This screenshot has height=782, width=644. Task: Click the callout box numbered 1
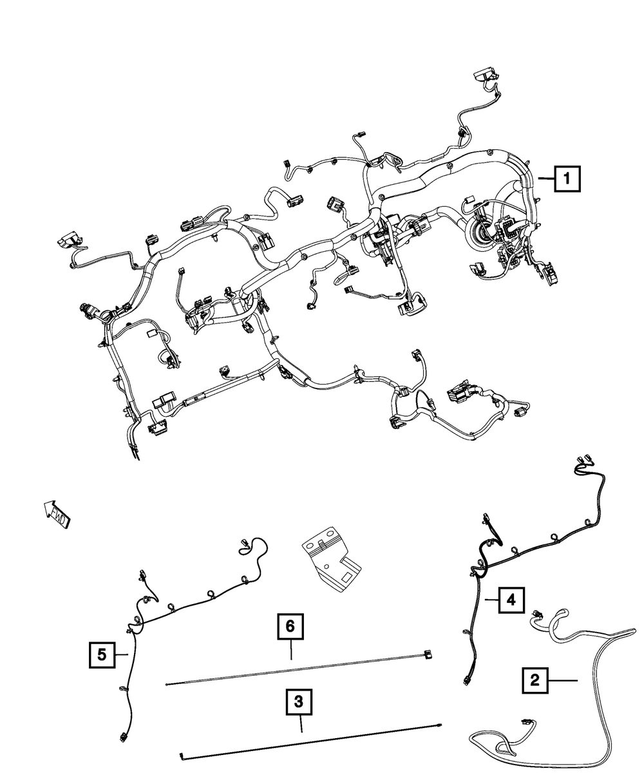coord(566,178)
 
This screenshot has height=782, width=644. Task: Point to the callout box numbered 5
coord(102,655)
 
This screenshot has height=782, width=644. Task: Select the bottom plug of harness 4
coord(466,680)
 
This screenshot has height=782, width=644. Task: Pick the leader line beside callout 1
coord(544,179)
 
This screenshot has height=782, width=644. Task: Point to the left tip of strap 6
coord(167,683)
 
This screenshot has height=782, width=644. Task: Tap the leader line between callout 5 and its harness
coord(122,655)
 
